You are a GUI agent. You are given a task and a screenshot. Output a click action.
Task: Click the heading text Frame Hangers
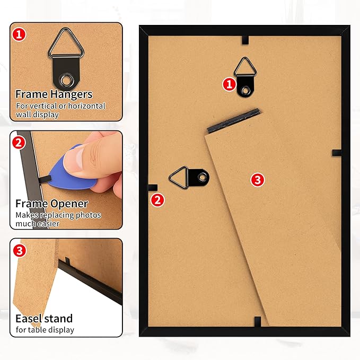54,94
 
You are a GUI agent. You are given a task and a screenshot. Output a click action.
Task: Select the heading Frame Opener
52,204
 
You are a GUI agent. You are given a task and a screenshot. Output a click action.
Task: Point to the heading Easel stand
44,319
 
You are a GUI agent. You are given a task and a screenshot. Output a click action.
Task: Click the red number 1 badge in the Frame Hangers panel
19,34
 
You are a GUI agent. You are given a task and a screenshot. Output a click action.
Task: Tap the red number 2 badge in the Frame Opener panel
19,143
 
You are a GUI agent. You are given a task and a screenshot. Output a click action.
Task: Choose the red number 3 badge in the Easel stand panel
20,250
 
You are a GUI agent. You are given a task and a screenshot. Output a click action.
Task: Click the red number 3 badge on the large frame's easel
257,180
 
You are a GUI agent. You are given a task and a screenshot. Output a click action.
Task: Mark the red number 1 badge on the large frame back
229,84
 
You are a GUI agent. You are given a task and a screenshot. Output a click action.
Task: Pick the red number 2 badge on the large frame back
157,200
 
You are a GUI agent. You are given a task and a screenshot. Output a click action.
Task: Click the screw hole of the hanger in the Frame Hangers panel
67,81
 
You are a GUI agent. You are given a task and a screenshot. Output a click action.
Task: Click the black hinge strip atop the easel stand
233,120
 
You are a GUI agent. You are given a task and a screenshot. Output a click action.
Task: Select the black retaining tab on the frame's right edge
337,153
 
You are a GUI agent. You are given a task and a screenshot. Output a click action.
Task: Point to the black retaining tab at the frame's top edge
245,40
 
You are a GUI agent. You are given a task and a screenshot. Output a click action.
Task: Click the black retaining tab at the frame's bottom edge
258,321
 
